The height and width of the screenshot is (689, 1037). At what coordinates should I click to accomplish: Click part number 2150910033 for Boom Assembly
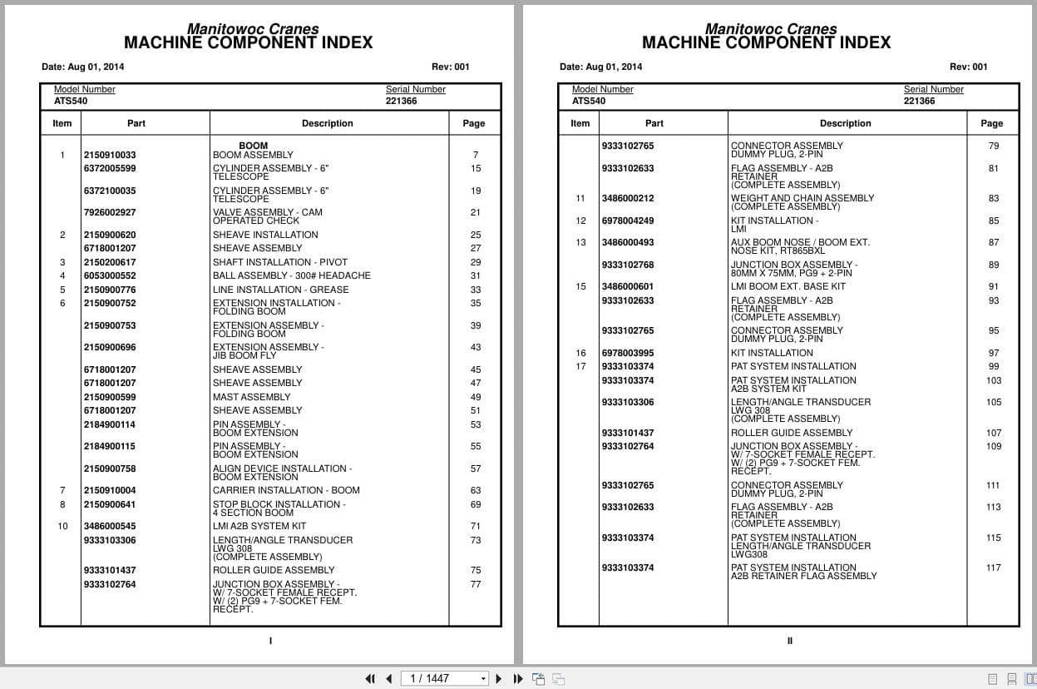point(109,155)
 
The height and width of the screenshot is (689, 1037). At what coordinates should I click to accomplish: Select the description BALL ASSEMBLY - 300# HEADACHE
point(291,275)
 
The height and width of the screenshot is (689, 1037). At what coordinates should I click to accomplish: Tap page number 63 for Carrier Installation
point(475,490)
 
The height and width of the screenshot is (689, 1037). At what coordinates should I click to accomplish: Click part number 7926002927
point(109,212)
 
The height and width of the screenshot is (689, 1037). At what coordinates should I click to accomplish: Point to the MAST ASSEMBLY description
point(251,397)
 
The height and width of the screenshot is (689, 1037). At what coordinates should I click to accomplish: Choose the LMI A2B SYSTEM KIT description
point(259,526)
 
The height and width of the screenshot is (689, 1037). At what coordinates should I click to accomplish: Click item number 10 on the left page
point(62,526)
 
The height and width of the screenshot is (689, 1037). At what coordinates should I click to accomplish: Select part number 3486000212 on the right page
point(627,198)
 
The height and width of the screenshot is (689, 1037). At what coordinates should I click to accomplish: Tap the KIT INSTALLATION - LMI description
point(773,225)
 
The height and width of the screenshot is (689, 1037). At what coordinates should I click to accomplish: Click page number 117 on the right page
point(993,568)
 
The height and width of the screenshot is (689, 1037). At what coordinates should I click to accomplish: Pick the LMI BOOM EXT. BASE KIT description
point(788,286)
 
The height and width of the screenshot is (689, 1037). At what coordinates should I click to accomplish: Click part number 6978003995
point(627,353)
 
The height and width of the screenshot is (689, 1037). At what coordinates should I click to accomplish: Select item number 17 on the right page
point(580,366)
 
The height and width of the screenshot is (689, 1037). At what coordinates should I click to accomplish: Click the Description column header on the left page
point(327,123)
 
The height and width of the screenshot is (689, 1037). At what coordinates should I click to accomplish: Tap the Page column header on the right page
point(991,123)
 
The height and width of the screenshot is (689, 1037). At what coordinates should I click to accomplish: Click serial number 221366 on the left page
point(401,101)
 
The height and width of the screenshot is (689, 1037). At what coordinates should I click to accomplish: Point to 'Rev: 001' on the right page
point(968,67)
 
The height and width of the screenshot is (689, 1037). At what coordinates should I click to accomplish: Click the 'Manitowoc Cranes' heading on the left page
point(252,28)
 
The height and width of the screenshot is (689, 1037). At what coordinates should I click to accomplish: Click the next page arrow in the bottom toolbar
point(499,678)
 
